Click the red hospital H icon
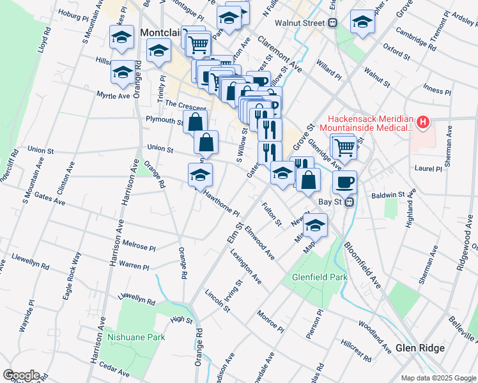coord(422,121)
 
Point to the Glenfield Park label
coord(319,278)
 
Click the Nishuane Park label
coord(136,337)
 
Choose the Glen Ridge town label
coord(419,348)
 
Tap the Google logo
coord(21,375)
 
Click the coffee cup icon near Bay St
coord(344,182)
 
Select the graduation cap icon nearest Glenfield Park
coord(315,225)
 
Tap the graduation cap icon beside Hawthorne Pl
coord(200,175)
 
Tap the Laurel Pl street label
coord(428,169)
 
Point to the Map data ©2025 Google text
coord(438,378)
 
